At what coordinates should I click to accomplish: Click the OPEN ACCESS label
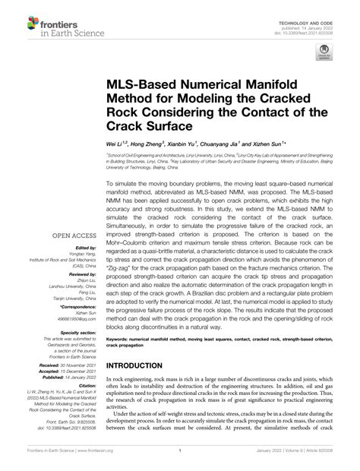click(x=71, y=214)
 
